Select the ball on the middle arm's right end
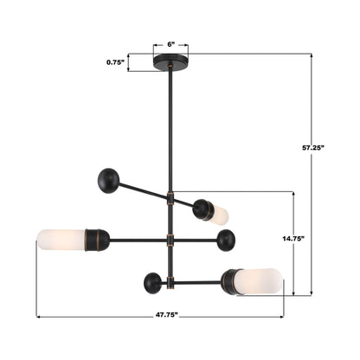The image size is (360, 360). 227,238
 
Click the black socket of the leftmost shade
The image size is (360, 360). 95,239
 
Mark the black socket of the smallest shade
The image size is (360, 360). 204,209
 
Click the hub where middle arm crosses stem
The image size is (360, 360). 170,239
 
